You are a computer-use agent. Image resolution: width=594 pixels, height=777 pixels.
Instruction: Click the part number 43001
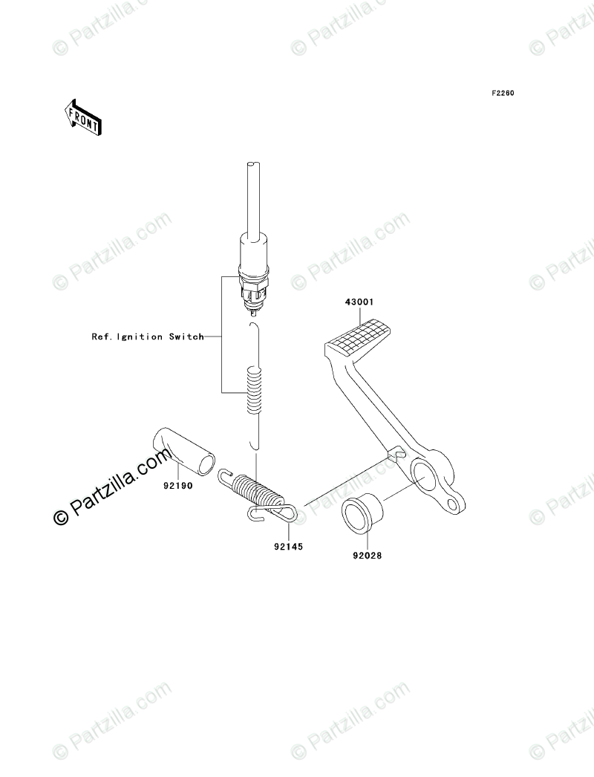click(359, 303)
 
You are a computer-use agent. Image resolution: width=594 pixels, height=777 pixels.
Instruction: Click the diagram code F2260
click(502, 94)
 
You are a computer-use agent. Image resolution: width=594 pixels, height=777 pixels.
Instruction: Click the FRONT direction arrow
click(81, 117)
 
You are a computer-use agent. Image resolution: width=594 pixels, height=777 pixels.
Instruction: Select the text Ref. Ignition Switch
click(147, 337)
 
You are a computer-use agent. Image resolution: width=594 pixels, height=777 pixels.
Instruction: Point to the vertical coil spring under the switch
click(254, 391)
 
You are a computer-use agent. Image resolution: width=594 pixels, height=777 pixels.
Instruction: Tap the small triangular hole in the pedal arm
click(396, 451)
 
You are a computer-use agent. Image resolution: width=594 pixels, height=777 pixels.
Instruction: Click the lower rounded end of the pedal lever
click(455, 504)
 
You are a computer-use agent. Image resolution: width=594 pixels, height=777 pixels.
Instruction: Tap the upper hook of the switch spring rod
click(254, 328)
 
